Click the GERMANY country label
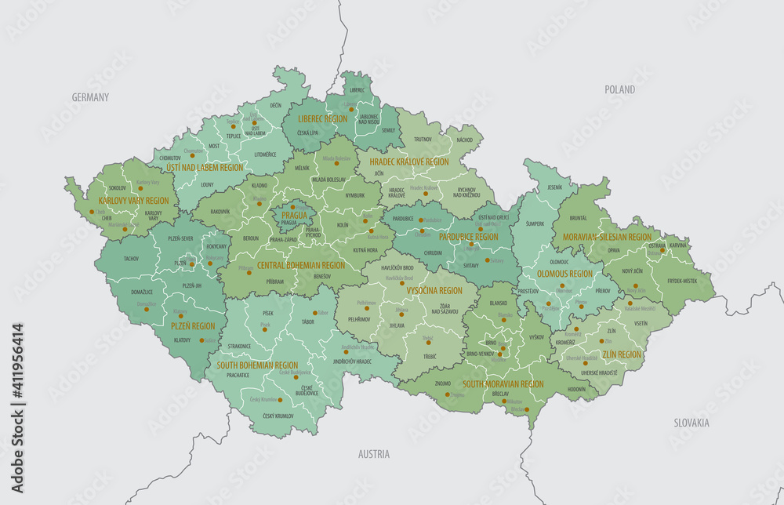pos(90,97)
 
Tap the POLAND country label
pos(619,89)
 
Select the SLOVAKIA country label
pos(691,423)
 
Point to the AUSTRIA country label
pos(373,454)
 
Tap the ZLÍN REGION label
pos(622,354)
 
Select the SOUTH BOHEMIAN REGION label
pos(256,365)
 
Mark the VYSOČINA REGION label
pos(434,290)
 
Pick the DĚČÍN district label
pos(276,105)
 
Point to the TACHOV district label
pos(131,258)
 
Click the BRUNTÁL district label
pos(578,218)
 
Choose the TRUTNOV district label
pos(423,139)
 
